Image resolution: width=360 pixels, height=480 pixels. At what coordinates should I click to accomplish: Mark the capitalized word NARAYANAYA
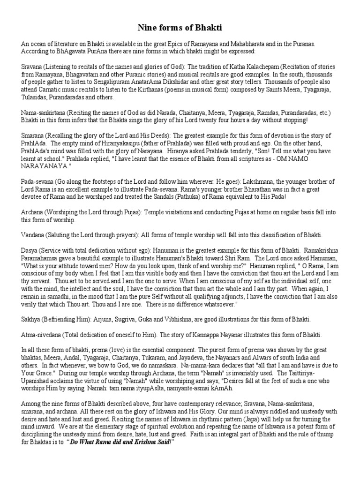click(x=45, y=165)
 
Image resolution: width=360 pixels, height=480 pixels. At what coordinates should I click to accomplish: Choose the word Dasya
click(x=30, y=249)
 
